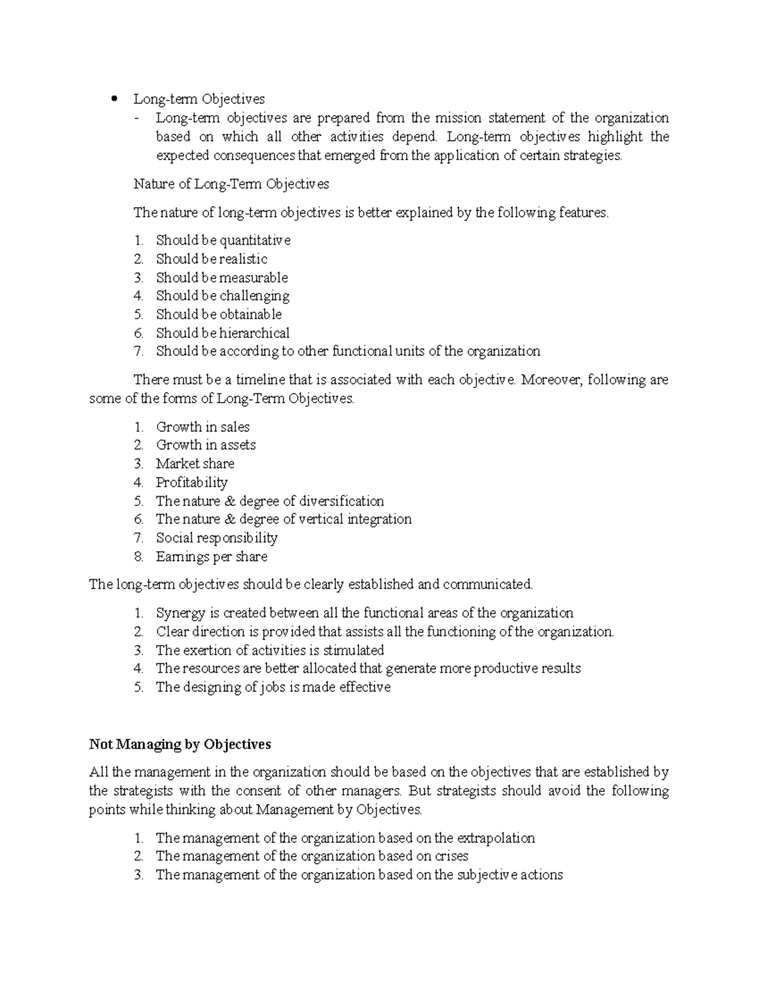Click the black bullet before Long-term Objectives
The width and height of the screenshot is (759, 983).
pyautogui.click(x=114, y=99)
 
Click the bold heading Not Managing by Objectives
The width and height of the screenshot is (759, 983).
pyautogui.click(x=180, y=744)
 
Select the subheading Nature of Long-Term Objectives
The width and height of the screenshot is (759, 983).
pyautogui.click(x=231, y=184)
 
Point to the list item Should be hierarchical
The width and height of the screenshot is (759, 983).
pyautogui.click(x=223, y=333)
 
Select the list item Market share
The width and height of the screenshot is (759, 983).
pyautogui.click(x=195, y=463)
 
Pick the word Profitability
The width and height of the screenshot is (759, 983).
pyautogui.click(x=192, y=482)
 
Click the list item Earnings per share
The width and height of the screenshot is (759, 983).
pyautogui.click(x=211, y=556)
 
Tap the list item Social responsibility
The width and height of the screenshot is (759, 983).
pyautogui.click(x=216, y=538)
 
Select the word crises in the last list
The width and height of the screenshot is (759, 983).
pyautogui.click(x=451, y=856)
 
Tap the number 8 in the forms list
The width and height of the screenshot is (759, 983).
pyautogui.click(x=139, y=557)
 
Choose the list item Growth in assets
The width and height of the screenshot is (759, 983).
pyautogui.click(x=206, y=445)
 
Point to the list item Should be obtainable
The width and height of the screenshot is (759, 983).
pyautogui.click(x=219, y=315)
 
